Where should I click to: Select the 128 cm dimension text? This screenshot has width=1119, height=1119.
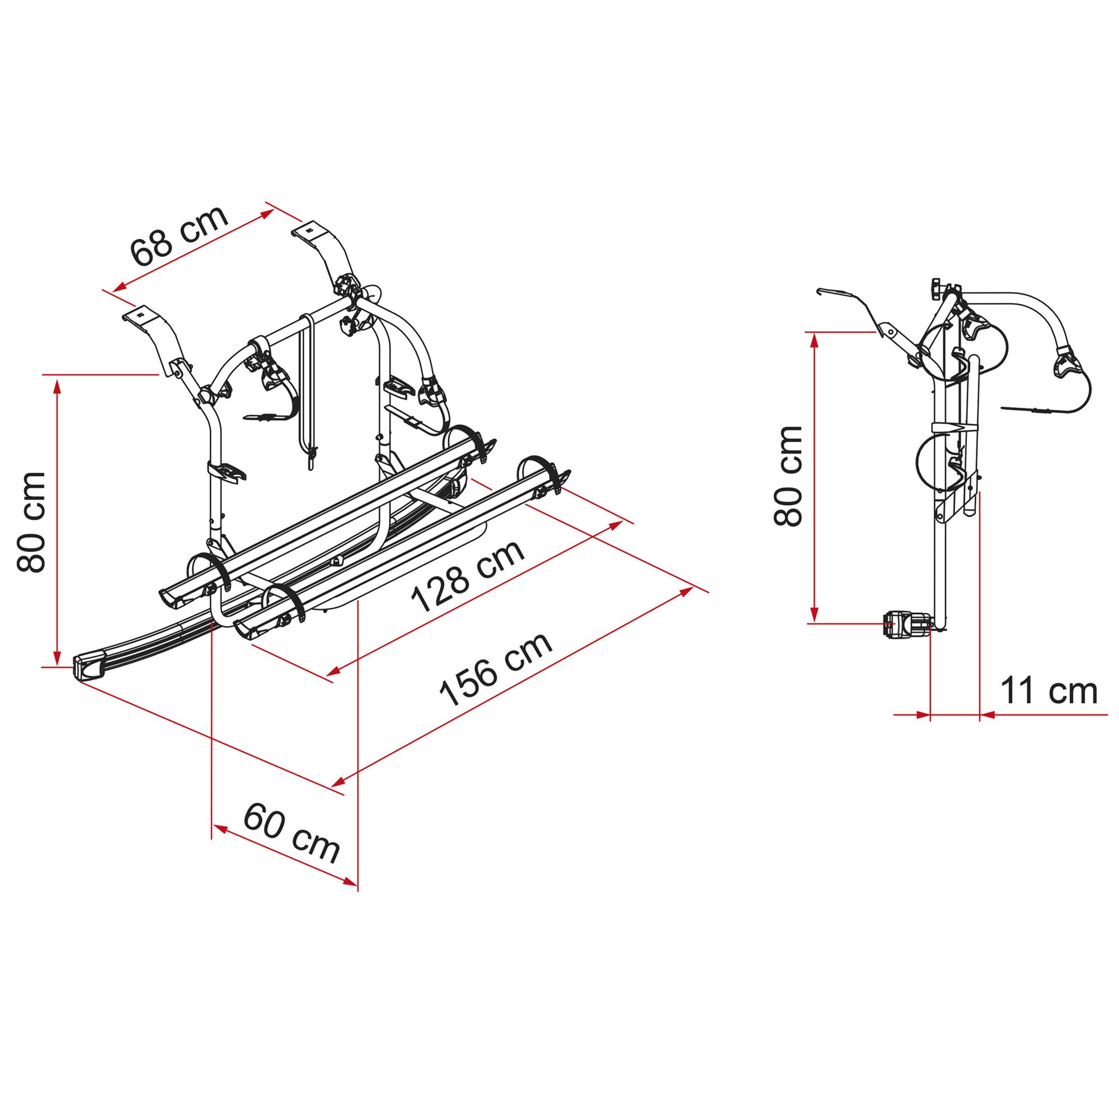pos(467,576)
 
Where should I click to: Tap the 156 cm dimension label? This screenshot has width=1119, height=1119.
pos(495,670)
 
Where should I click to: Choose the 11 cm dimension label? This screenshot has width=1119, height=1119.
pos(1049,690)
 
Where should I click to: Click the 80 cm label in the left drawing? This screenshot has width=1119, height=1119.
pos(31,523)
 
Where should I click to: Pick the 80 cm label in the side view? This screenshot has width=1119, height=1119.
pos(787,477)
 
